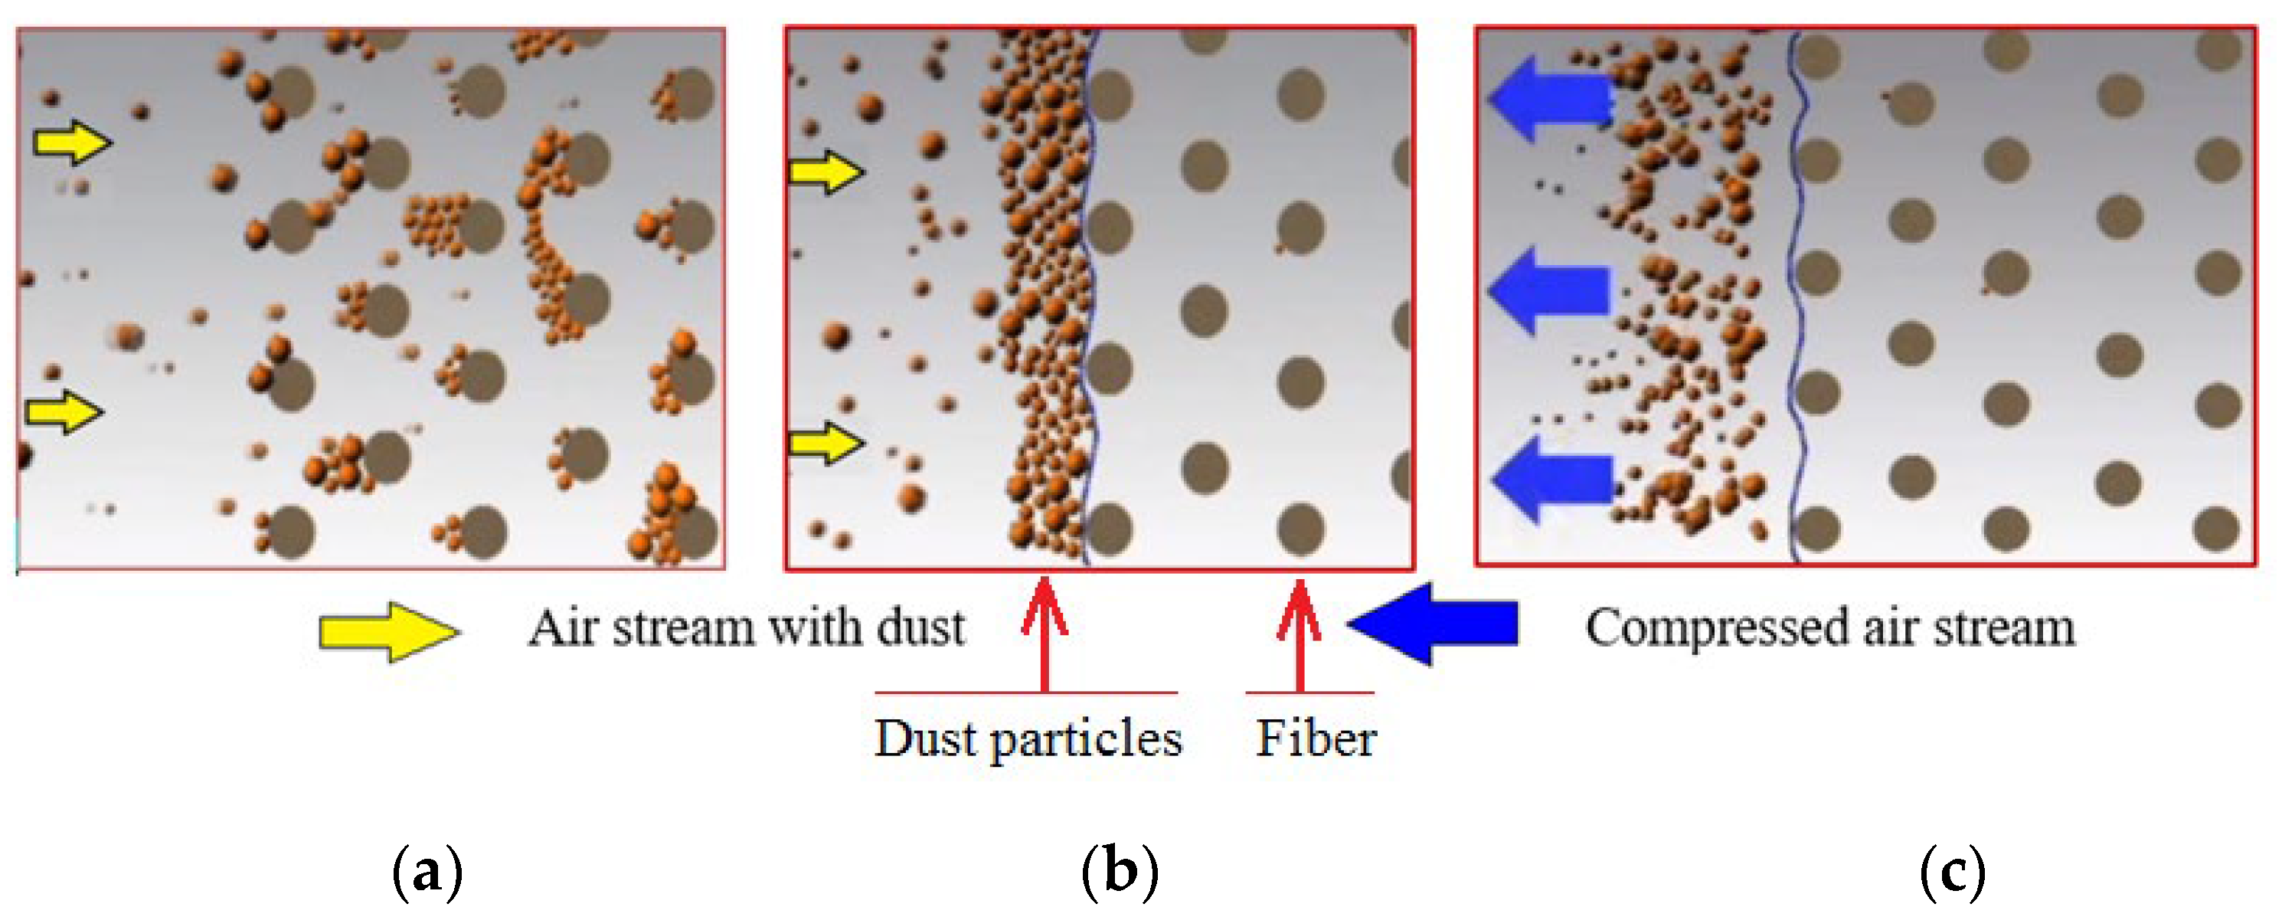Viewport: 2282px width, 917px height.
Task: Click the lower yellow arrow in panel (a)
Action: point(64,411)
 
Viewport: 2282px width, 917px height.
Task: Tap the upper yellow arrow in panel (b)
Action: point(826,171)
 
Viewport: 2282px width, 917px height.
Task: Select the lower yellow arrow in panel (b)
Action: point(826,442)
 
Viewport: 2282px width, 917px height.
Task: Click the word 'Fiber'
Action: point(1316,737)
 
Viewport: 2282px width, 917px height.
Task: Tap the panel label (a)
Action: point(427,873)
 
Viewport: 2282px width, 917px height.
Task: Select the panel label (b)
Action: point(1120,873)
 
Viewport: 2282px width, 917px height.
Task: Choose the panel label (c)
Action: point(1953,873)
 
